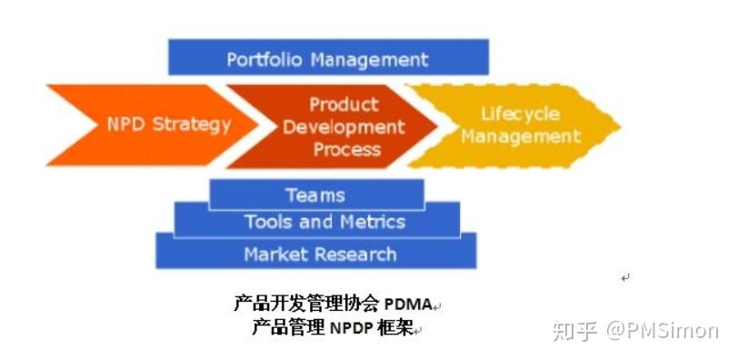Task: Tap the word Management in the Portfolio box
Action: [x=369, y=60]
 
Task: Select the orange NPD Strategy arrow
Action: [x=136, y=125]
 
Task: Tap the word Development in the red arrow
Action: [x=344, y=127]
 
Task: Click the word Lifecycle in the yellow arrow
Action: [x=521, y=115]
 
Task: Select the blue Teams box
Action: [x=315, y=195]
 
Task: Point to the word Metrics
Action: [x=373, y=222]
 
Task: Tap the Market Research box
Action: [x=315, y=254]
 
